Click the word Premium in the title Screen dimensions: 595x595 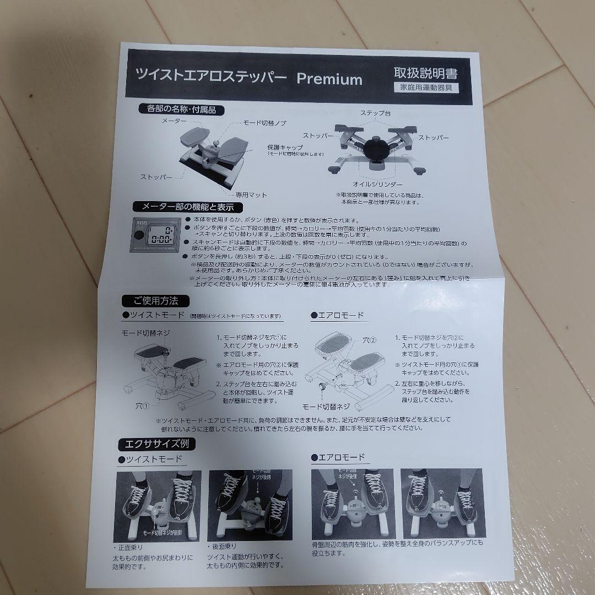pyautogui.click(x=329, y=79)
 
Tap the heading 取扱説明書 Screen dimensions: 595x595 pyautogui.click(x=425, y=73)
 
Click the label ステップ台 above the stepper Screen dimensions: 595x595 pyautogui.click(x=375, y=113)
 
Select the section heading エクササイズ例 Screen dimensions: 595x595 pyautogui.click(x=156, y=443)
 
